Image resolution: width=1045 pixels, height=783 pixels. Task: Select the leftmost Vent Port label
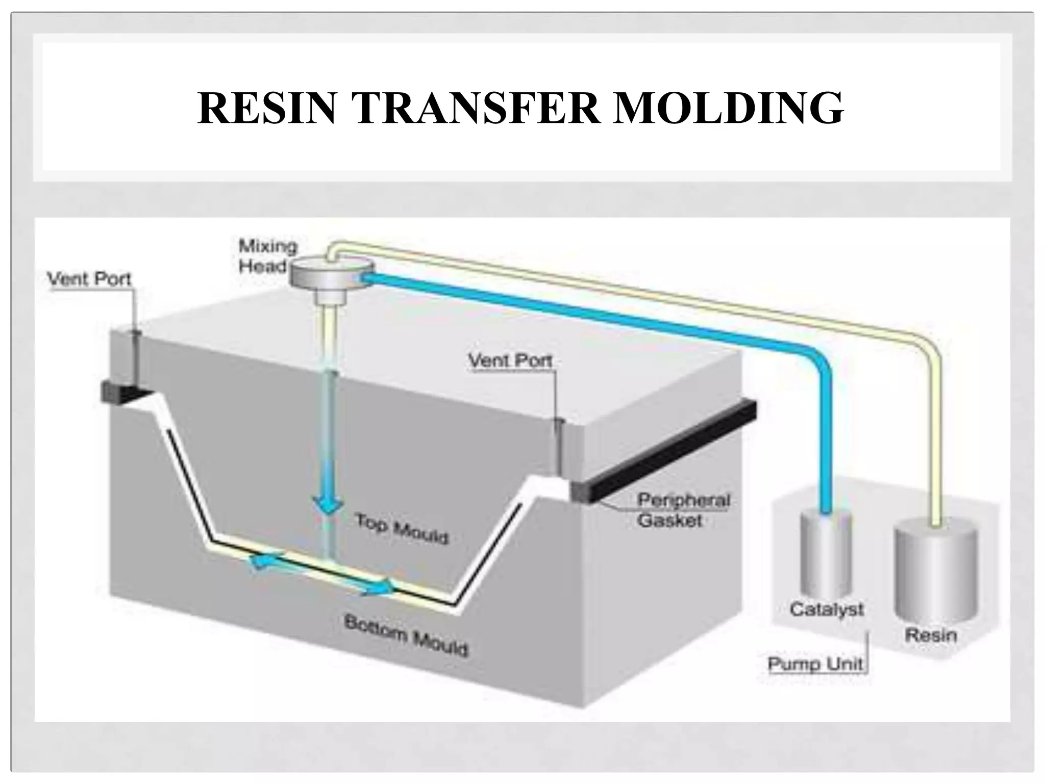point(89,279)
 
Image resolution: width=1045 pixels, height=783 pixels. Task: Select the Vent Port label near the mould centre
point(510,361)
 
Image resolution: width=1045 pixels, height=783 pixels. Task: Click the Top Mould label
point(402,529)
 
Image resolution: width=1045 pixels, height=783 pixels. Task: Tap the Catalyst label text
point(826,609)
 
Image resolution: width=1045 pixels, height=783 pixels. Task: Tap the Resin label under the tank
point(931,635)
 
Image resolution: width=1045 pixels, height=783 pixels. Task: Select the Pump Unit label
point(815,664)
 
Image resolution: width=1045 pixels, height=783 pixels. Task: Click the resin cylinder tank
point(935,571)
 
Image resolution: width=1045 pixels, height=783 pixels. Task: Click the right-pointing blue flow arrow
point(380,588)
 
